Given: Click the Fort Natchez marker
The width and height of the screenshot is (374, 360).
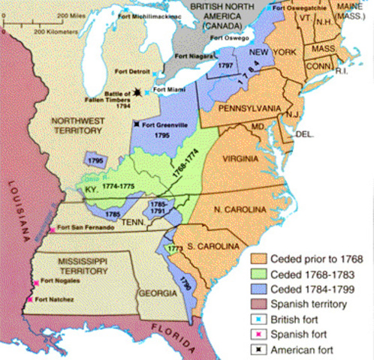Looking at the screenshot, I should click(x=30, y=300).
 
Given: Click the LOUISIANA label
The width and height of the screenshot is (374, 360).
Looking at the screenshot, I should click(x=13, y=213).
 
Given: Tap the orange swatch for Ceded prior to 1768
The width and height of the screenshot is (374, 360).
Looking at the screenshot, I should click(x=258, y=259).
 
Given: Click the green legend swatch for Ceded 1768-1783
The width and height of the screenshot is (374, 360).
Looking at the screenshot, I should click(x=258, y=274).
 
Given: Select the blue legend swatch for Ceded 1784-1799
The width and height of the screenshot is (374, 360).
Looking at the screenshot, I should click(x=258, y=289).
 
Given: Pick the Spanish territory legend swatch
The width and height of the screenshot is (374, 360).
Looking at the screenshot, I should click(x=258, y=304).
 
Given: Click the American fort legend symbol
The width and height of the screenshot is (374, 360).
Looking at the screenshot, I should click(x=258, y=349).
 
